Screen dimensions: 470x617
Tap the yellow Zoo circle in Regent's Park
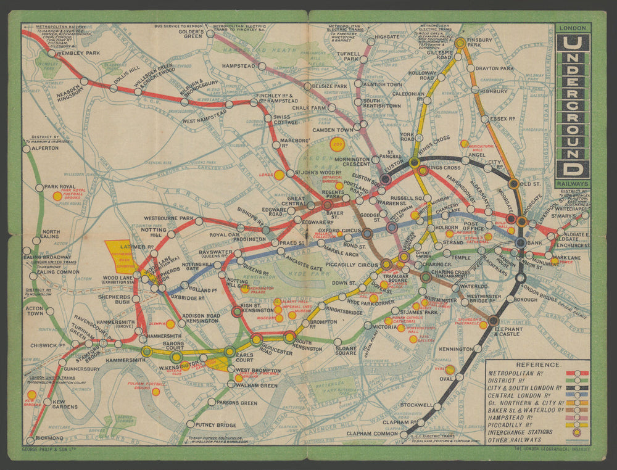tap(337, 146)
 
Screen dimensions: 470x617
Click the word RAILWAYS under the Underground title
tap(573, 183)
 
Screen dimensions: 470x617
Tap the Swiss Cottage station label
tap(286, 120)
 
